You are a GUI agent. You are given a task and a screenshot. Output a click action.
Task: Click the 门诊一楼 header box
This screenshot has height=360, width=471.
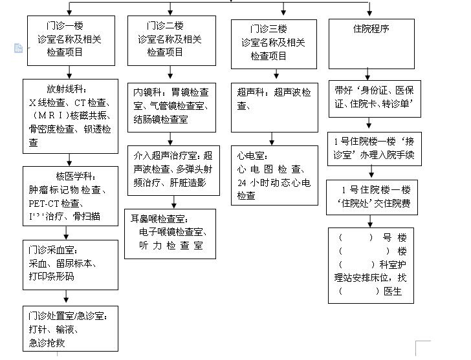pos(71,40)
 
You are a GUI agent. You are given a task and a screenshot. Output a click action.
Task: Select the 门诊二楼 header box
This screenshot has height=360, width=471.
pos(171,40)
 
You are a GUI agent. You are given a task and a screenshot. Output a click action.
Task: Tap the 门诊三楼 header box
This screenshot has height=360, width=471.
pos(274,43)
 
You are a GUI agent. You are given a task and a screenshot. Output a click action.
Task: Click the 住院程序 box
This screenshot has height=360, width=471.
pos(371,43)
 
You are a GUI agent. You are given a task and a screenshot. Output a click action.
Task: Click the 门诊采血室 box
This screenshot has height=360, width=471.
pos(71,264)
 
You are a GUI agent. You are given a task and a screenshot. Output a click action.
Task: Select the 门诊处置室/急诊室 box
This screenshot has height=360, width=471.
pos(71,329)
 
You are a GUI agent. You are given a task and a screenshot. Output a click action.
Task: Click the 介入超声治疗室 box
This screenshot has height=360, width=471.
pos(171,169)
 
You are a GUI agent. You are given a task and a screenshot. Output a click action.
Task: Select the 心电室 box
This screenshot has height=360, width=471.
pos(274,175)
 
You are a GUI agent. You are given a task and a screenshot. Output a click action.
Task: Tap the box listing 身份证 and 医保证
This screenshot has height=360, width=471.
pos(371,98)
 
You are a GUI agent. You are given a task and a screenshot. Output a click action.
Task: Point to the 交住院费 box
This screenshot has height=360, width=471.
pos(371,196)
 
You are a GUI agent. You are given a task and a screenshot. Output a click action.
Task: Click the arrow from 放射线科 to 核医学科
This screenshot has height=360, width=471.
pos(67,159)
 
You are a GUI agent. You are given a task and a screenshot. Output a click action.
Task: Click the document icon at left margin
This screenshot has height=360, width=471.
pos(18,48)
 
